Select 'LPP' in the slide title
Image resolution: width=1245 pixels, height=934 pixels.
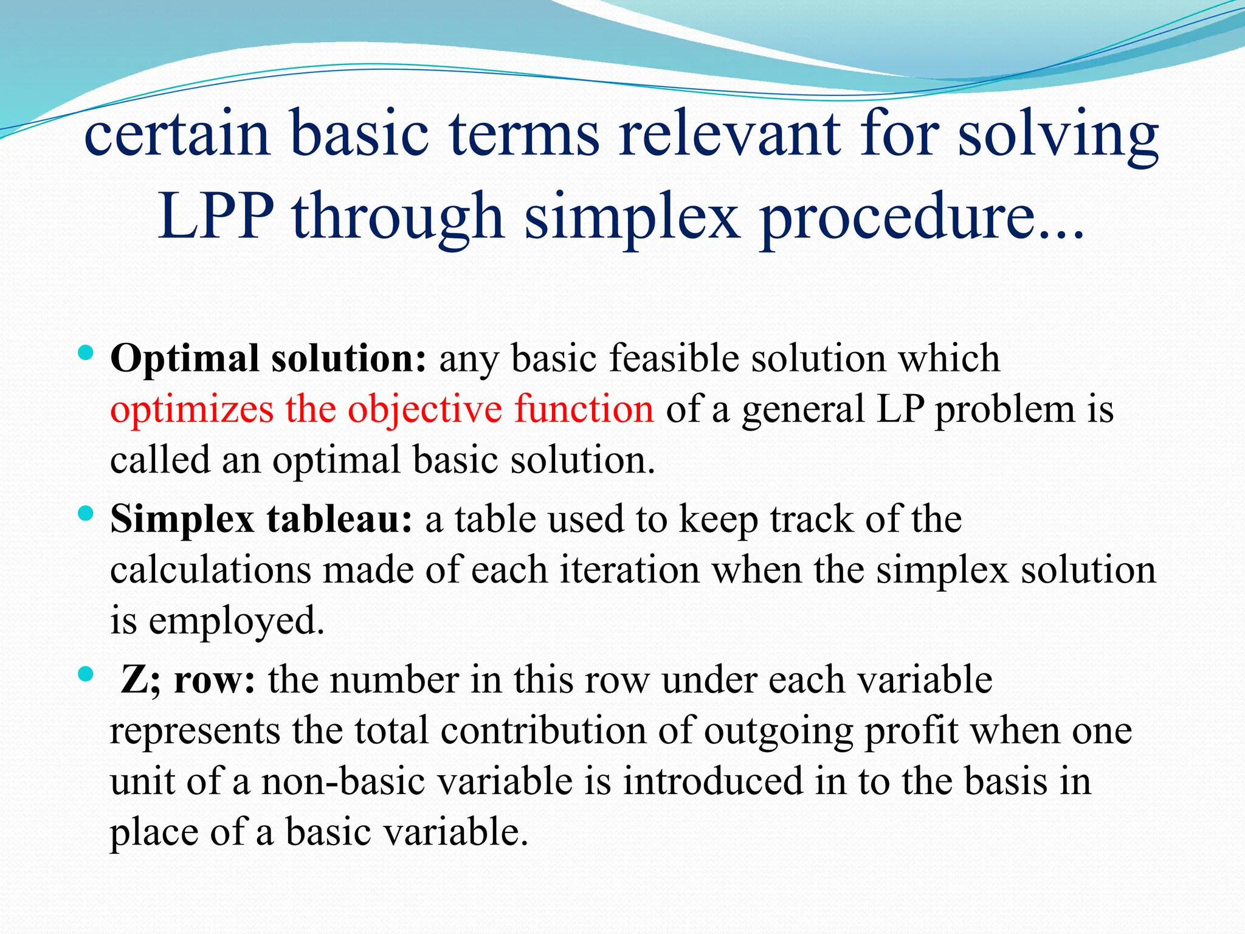[216, 216]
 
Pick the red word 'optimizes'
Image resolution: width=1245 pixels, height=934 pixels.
[191, 409]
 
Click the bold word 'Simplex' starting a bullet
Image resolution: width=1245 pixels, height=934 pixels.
[182, 521]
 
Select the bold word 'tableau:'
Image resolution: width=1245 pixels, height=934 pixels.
[339, 519]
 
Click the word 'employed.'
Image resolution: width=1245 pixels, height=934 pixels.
[236, 621]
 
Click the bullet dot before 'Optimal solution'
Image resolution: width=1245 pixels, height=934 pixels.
[86, 352]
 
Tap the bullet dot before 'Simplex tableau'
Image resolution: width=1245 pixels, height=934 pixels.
[86, 514]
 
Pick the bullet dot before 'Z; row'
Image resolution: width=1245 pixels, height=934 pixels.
[86, 674]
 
